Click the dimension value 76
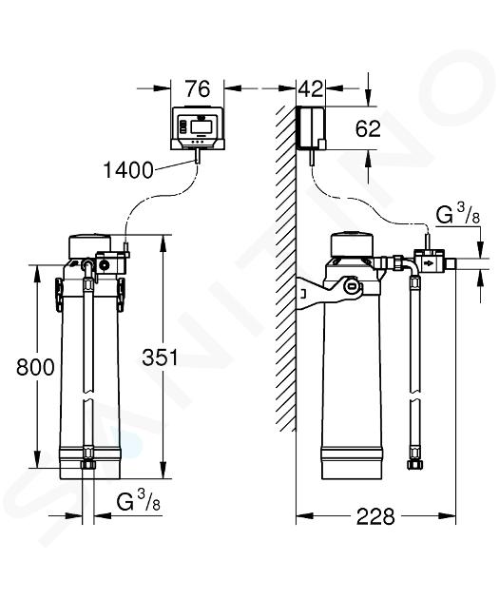198,89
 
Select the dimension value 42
311,89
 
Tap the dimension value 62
368,128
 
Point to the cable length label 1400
128,170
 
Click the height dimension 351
160,357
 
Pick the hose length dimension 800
35,367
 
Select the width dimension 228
374,517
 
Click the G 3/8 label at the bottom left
138,501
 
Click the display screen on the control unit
201,126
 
